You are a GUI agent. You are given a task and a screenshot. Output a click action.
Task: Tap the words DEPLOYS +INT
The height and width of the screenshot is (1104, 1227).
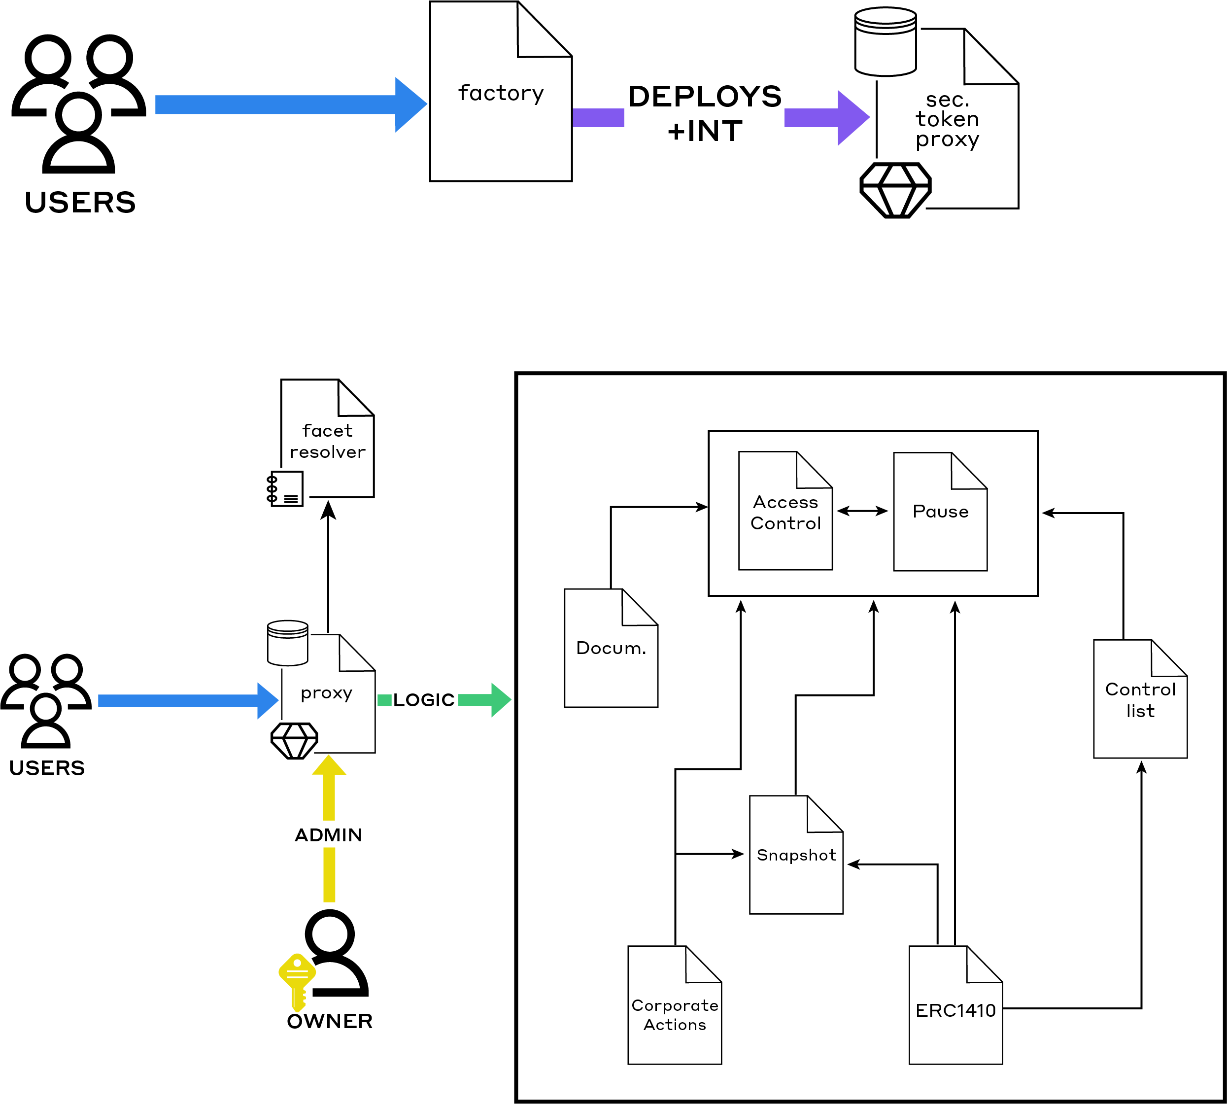click(705, 113)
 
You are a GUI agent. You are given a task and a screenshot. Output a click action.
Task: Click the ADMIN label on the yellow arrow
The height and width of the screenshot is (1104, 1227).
click(328, 835)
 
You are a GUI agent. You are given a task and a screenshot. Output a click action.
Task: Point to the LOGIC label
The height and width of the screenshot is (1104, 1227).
click(423, 700)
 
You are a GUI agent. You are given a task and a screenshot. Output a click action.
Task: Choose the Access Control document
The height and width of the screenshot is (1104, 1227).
click(785, 511)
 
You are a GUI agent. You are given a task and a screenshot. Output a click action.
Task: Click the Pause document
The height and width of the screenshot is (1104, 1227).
click(940, 512)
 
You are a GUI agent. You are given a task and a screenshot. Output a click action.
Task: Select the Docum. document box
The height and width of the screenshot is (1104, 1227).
click(611, 648)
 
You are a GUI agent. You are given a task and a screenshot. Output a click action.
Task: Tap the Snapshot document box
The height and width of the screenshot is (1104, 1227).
click(796, 855)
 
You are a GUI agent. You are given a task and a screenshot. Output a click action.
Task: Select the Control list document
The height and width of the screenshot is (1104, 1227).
click(1140, 699)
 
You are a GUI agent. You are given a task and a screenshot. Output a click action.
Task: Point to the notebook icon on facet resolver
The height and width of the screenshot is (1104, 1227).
click(284, 488)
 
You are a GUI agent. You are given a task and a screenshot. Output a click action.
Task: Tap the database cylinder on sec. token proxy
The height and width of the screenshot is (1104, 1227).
click(885, 41)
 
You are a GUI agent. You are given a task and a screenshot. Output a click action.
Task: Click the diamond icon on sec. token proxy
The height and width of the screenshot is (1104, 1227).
click(895, 190)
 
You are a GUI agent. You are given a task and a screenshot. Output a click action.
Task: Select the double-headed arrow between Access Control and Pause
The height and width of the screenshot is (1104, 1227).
click(862, 512)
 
